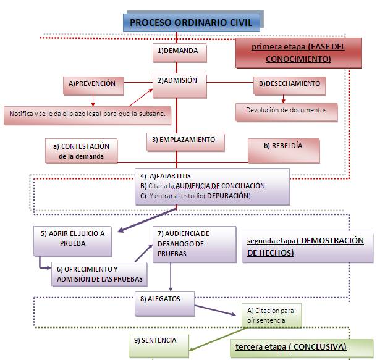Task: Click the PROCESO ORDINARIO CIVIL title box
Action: coord(192,23)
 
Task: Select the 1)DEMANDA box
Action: coord(178,52)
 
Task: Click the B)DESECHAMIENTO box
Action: coord(289,84)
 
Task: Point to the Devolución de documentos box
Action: coord(286,111)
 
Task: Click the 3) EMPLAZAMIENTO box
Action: coord(184,141)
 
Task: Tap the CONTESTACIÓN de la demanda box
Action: coord(81,151)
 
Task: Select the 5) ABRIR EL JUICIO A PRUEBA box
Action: coord(73,240)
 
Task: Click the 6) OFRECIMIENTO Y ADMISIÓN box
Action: coord(99,274)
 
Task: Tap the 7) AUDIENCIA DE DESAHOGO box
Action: coord(184,244)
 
